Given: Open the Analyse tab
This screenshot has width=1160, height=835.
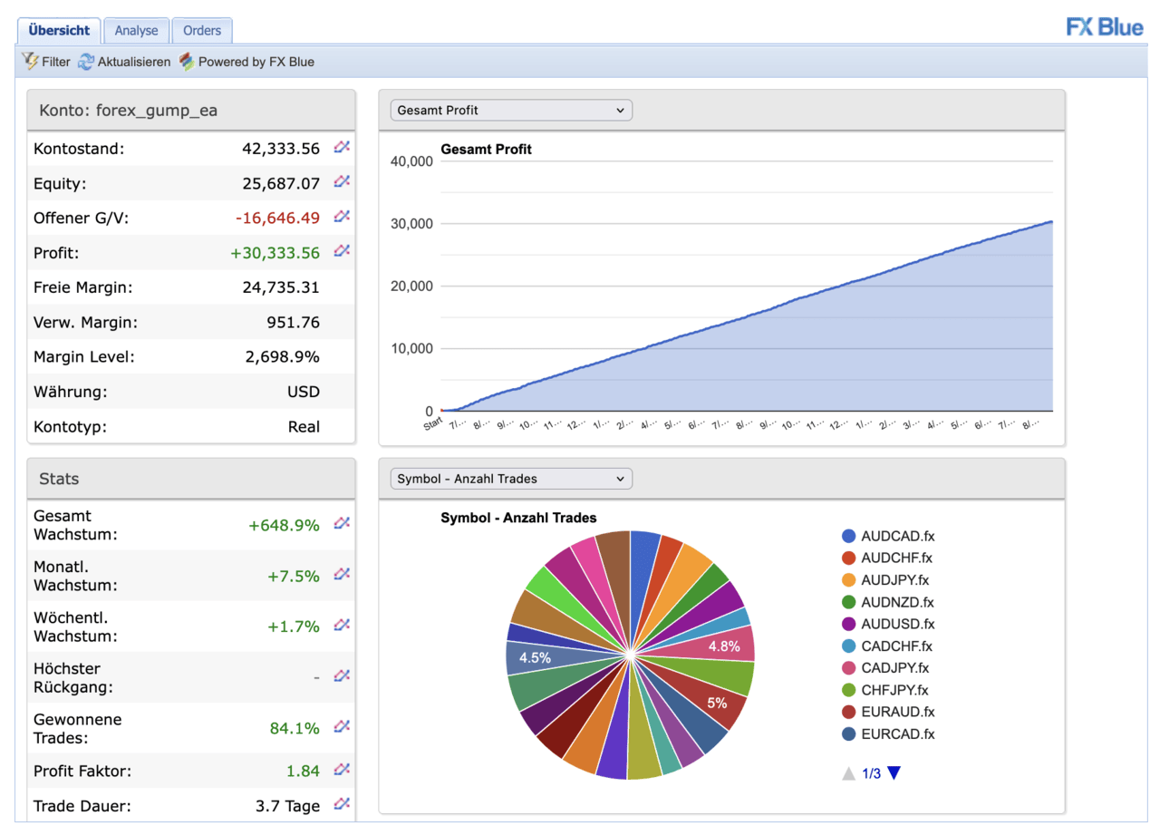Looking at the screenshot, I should (x=136, y=31).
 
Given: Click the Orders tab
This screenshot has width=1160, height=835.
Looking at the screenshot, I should (x=201, y=31).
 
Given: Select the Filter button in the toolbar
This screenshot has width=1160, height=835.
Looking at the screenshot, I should (x=45, y=62).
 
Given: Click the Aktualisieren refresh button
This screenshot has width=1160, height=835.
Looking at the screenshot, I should (x=124, y=62).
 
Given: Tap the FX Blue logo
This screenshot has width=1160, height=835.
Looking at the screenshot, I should (x=1104, y=27).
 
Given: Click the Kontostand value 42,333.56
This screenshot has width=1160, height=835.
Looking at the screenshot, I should (x=281, y=149).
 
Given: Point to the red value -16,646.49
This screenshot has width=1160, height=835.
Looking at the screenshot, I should (x=277, y=218).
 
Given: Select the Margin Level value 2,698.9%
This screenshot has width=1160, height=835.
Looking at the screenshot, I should (x=282, y=357).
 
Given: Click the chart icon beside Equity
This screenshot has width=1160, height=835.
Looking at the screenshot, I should (x=342, y=181).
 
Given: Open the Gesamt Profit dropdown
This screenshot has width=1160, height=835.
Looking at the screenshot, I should (x=510, y=111).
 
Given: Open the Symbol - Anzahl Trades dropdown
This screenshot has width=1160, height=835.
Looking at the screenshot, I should (x=510, y=479).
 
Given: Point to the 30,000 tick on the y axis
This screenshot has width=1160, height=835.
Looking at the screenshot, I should (x=413, y=224).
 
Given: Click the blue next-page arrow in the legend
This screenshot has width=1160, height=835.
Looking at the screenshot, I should (x=894, y=773).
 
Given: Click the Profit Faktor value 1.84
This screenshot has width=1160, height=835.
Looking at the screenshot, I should (x=303, y=772).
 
